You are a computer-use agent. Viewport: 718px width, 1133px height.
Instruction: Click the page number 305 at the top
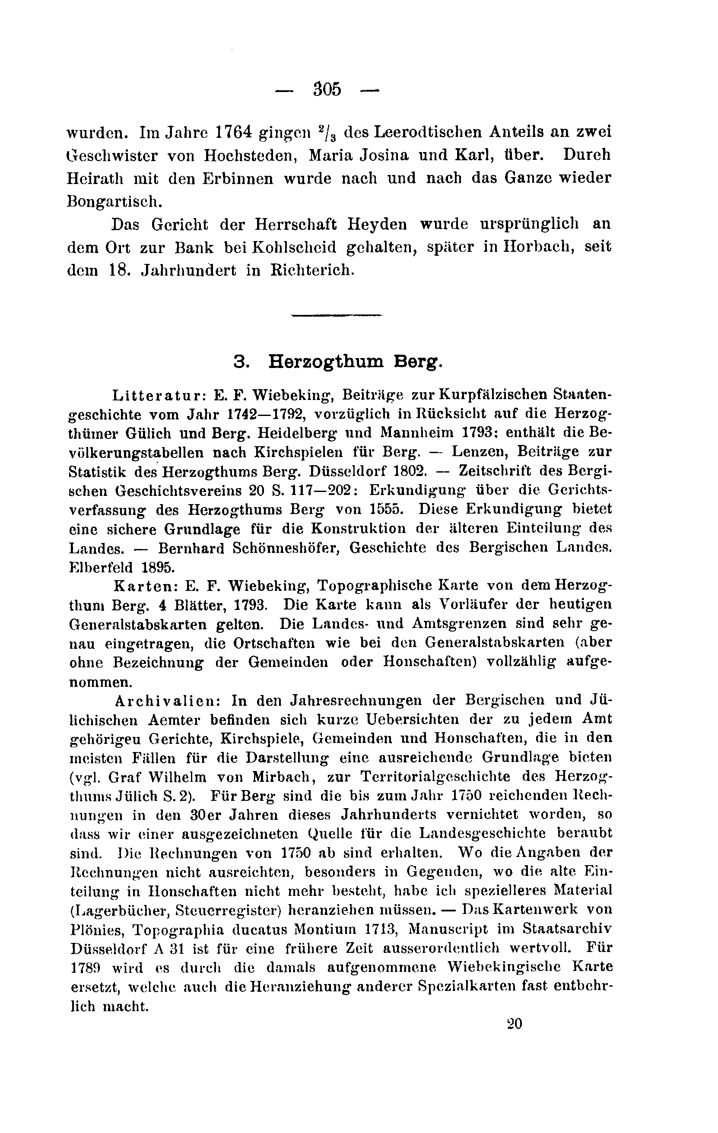327,89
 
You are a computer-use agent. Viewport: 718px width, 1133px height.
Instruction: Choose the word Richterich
311,270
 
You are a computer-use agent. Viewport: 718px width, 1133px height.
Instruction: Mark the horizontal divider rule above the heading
337,315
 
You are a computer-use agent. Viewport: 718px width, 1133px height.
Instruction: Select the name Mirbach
283,776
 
